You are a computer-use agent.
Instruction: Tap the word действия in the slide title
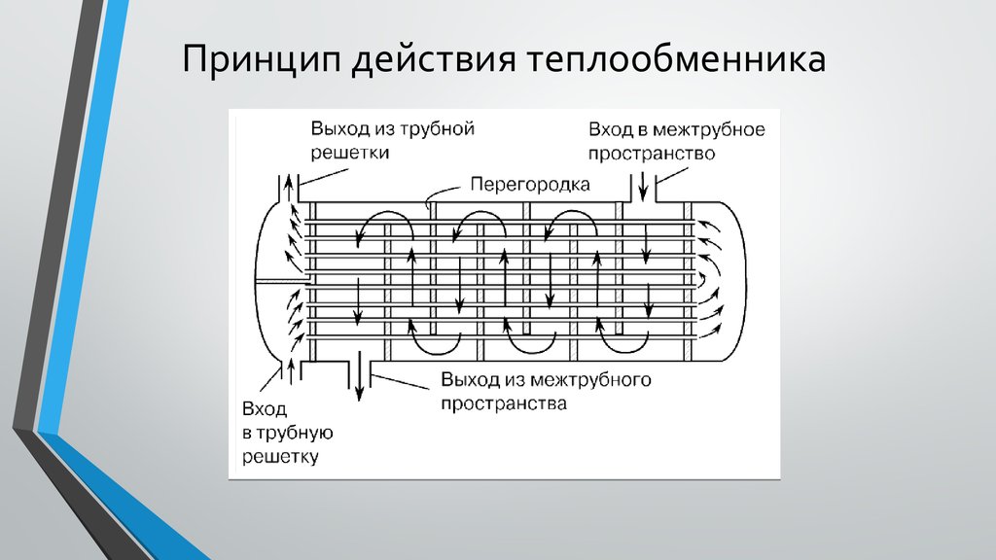(433, 60)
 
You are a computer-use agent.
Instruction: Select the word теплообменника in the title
(676, 59)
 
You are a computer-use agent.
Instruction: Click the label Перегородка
(530, 185)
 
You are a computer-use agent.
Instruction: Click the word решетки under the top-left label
(350, 153)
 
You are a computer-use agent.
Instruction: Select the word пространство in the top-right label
(652, 154)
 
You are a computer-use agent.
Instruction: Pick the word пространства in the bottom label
(504, 403)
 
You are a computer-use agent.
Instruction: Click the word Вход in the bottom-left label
(265, 408)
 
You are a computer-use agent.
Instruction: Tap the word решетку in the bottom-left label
(280, 457)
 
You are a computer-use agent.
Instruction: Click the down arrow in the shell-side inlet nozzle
(643, 187)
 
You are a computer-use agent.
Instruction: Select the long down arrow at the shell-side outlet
(359, 376)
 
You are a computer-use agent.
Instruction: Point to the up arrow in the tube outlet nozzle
(288, 188)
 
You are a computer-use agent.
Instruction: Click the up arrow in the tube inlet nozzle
(292, 370)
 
